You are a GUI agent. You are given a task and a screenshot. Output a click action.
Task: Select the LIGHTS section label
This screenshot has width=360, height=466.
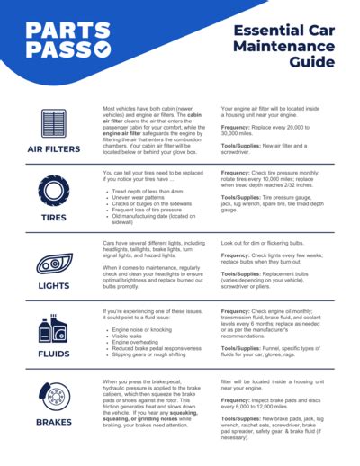(54, 286)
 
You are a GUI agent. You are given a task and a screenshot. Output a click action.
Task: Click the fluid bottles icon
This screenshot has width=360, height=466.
(53, 329)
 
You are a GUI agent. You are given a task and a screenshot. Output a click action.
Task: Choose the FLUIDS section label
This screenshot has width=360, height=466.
(54, 354)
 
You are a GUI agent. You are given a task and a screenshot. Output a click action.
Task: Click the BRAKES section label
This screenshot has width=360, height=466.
(54, 422)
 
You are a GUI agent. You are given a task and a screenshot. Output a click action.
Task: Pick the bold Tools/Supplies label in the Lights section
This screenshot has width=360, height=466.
(245, 273)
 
